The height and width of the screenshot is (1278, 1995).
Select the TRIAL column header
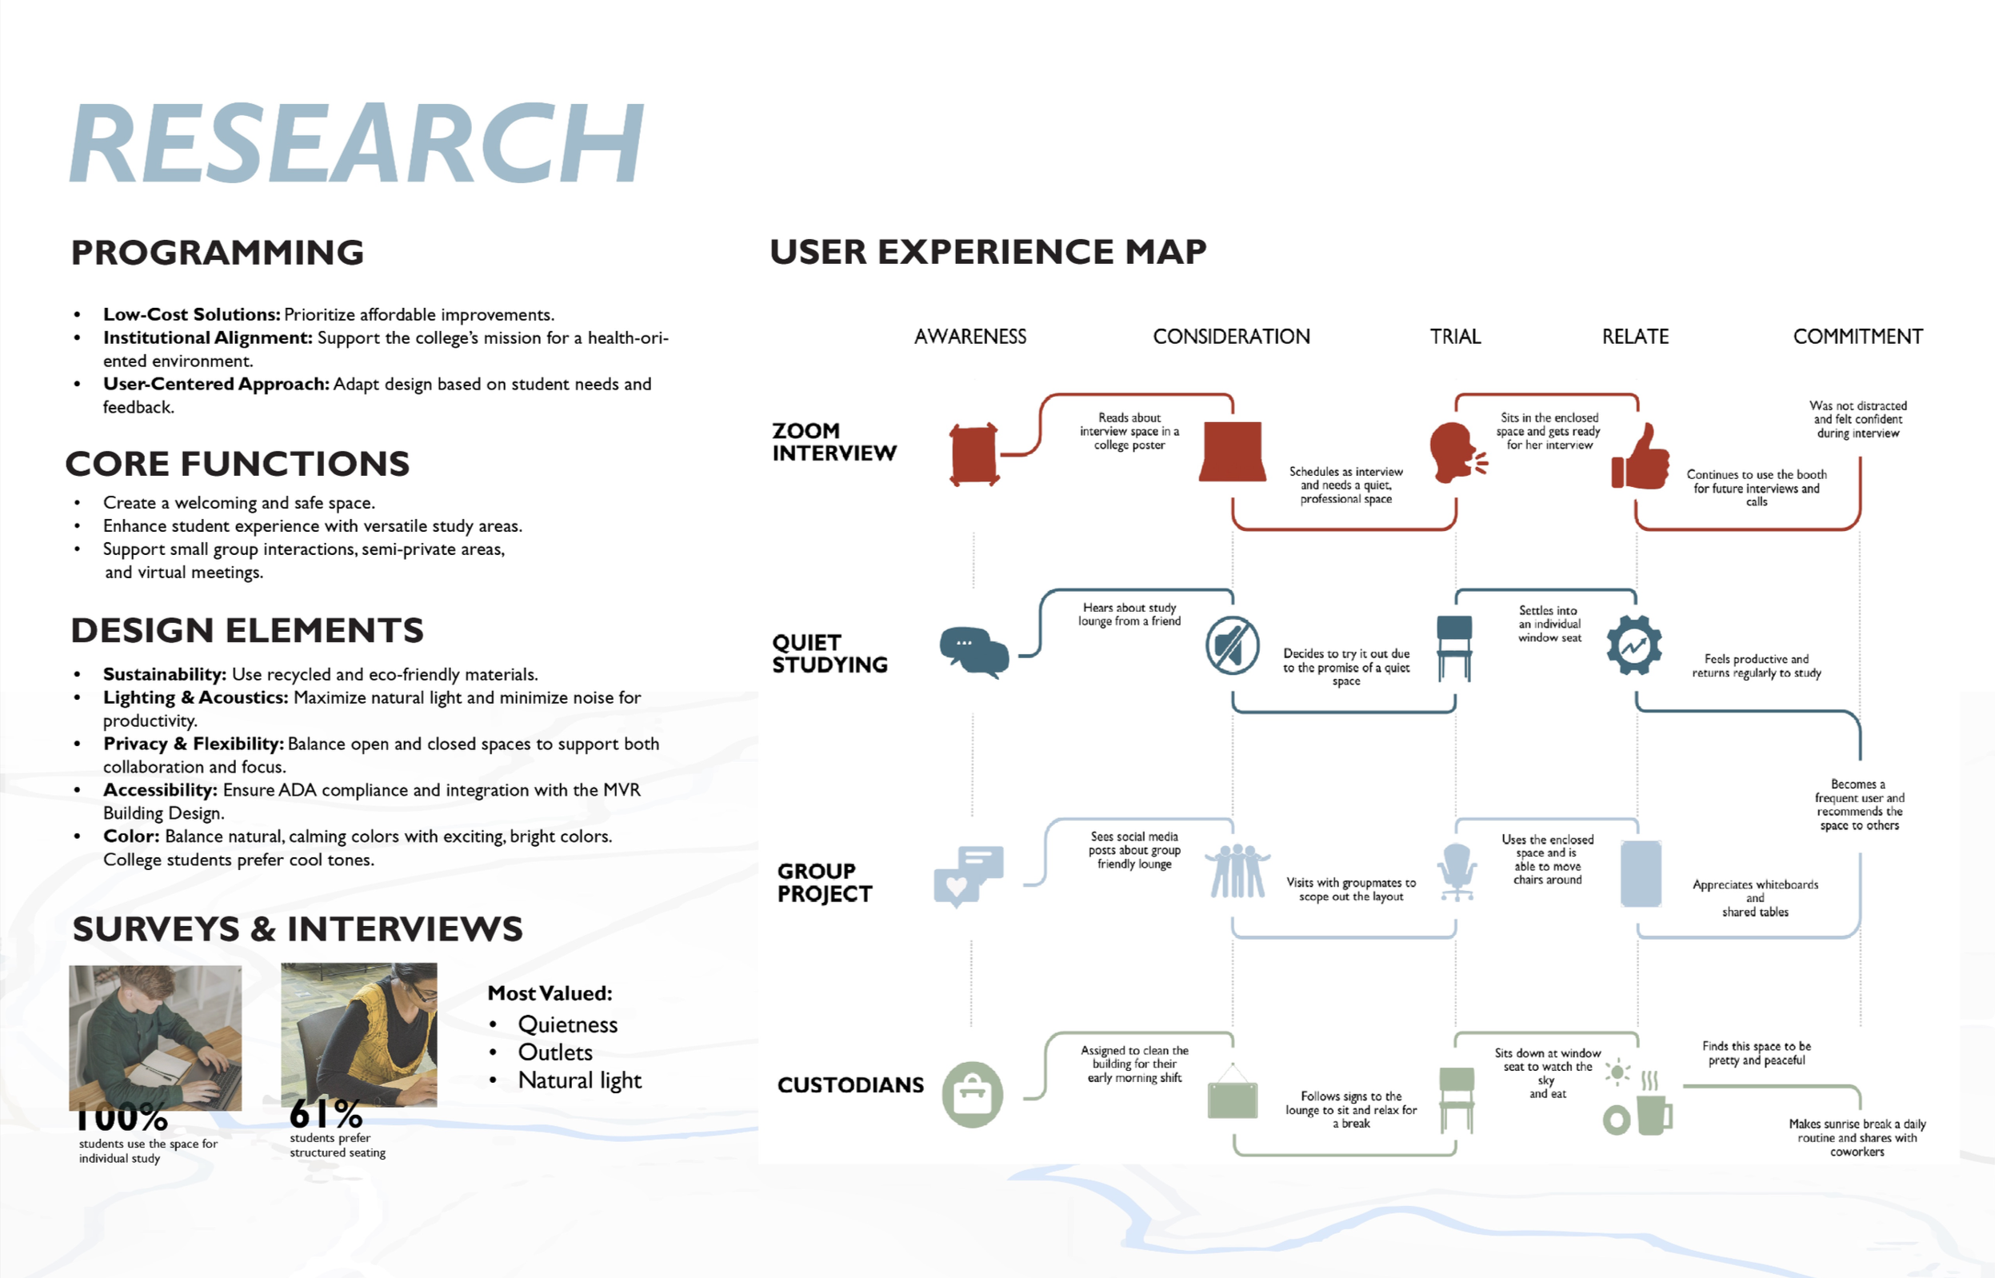pyautogui.click(x=1455, y=337)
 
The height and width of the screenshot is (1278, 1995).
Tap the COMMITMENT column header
pyautogui.click(x=1857, y=337)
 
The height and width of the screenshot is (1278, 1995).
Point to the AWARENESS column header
pyautogui.click(x=970, y=337)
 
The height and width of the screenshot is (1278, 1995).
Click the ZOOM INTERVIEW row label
pyautogui.click(x=834, y=441)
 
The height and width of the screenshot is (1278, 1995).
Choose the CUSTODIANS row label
pyautogui.click(x=850, y=1085)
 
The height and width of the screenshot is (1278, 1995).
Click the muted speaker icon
pyautogui.click(x=1233, y=645)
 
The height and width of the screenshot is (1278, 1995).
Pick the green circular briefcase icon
pyautogui.click(x=972, y=1095)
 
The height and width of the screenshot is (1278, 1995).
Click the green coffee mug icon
pyautogui.click(x=1653, y=1113)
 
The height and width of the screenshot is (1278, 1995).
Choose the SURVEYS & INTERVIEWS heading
pyautogui.click(x=297, y=929)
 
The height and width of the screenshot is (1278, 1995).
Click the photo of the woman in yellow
pyautogui.click(x=358, y=1034)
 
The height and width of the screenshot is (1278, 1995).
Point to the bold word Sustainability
pyautogui.click(x=164, y=675)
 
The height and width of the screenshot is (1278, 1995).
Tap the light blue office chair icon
pyautogui.click(x=1457, y=872)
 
